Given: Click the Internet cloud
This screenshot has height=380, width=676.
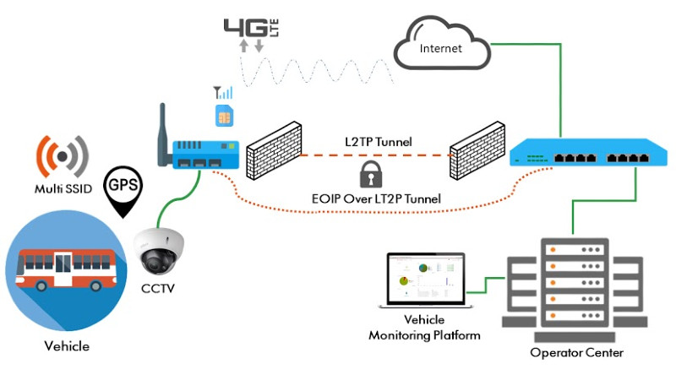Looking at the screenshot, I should click(441, 46).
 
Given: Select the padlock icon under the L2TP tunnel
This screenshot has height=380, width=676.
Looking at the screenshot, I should click(369, 175).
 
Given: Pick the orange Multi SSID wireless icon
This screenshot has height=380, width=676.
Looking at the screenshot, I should click(63, 155).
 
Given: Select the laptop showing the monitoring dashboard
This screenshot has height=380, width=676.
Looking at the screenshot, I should click(425, 283).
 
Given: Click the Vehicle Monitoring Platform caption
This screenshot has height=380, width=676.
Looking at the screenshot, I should click(424, 328).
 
